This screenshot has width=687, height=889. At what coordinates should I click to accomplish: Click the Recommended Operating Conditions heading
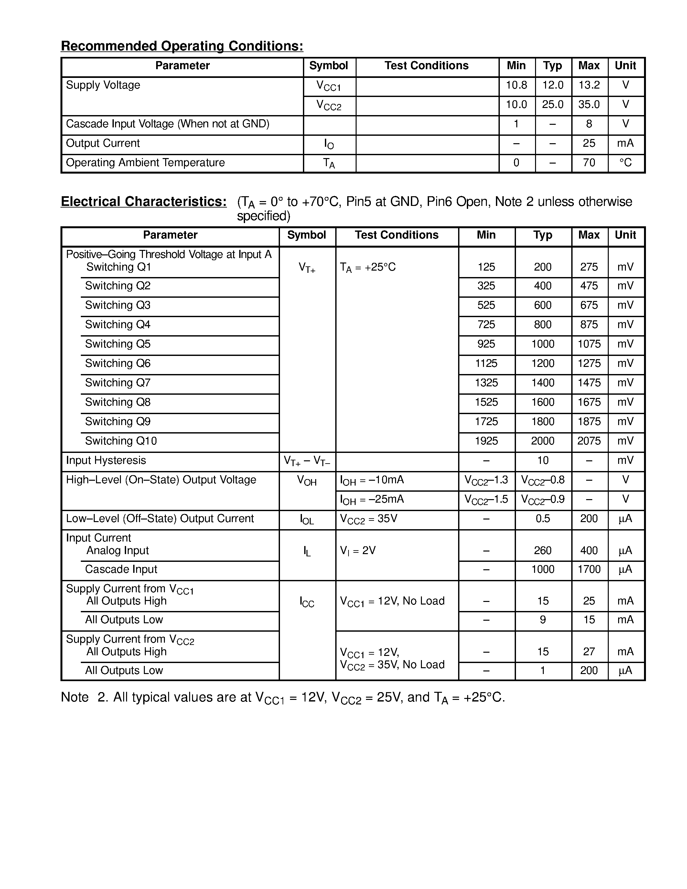pyautogui.click(x=182, y=46)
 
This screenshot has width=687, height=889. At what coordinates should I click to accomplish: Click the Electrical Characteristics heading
pyautogui.click(x=143, y=201)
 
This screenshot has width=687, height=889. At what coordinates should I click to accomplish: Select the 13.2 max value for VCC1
pyautogui.click(x=589, y=85)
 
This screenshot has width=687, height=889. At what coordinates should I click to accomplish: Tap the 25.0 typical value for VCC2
pyautogui.click(x=552, y=105)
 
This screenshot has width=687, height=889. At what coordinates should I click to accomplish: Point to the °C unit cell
pyautogui.click(x=625, y=163)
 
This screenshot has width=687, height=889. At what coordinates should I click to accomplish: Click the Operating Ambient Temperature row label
pyautogui.click(x=145, y=163)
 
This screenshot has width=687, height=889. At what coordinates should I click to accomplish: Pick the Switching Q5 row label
pyautogui.click(x=118, y=344)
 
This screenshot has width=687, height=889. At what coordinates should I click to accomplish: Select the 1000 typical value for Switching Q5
pyautogui.click(x=542, y=344)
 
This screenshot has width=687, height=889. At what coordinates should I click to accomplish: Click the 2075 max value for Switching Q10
pyautogui.click(x=589, y=441)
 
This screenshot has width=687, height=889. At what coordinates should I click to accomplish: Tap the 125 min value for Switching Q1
pyautogui.click(x=486, y=267)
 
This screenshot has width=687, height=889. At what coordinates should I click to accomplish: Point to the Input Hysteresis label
pyautogui.click(x=106, y=460)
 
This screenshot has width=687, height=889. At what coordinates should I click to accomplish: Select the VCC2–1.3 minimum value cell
pyautogui.click(x=486, y=480)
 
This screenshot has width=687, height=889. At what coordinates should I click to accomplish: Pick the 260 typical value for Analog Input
pyautogui.click(x=542, y=551)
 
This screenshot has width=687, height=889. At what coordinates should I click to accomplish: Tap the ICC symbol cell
pyautogui.click(x=307, y=602)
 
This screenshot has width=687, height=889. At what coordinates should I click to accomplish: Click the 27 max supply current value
pyautogui.click(x=589, y=652)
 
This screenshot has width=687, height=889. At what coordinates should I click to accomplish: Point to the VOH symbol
pyautogui.click(x=307, y=481)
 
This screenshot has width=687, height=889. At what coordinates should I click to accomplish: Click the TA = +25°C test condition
pyautogui.click(x=368, y=267)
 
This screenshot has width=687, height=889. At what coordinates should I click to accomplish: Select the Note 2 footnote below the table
pyautogui.click(x=283, y=698)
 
